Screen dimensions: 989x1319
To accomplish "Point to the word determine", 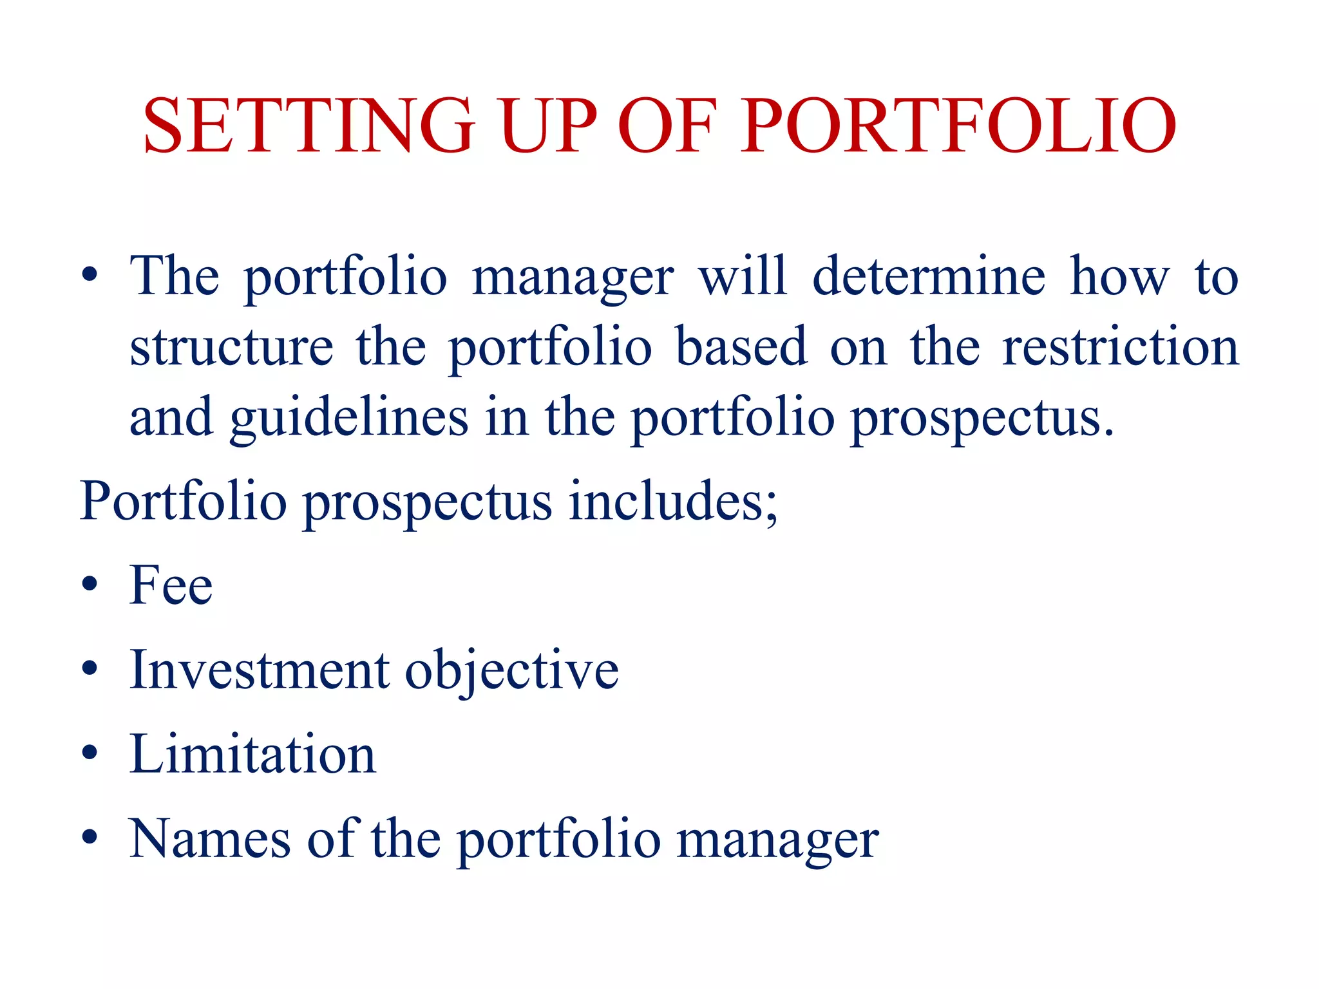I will (929, 277).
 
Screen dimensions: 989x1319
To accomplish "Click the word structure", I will (232, 348).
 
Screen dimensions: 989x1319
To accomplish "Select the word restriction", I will (1120, 348).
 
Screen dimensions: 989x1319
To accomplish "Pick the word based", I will (741, 348).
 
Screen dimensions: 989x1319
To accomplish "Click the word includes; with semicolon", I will (673, 502).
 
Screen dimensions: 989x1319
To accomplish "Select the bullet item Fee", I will (171, 586).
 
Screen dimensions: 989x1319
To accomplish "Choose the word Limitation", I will (252, 755).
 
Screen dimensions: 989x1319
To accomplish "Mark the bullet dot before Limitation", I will (90, 752).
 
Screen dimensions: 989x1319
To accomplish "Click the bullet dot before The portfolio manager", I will (90, 276).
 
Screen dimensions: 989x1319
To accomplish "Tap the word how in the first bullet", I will (1119, 277).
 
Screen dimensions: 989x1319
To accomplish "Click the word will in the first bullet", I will (743, 277).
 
